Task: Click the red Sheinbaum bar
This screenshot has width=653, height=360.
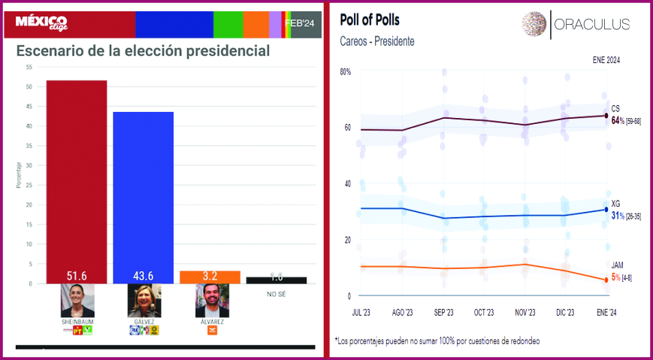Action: [76, 180]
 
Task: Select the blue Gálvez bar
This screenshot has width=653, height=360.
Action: [143, 195]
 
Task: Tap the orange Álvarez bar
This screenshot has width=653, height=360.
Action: [210, 277]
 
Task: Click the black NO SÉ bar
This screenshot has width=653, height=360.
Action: [276, 280]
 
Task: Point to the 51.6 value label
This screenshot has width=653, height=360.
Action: [76, 276]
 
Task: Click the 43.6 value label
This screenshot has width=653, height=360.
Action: [143, 276]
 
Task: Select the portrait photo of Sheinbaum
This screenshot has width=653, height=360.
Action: [77, 301]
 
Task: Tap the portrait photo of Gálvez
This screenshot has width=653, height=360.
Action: [144, 301]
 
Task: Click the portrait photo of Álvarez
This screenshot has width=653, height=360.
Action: [212, 301]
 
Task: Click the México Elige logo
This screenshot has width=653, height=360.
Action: [41, 23]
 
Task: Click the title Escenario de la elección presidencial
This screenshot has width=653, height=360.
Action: [143, 51]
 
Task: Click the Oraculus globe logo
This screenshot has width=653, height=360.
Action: [534, 24]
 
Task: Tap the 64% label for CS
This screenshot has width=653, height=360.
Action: [617, 120]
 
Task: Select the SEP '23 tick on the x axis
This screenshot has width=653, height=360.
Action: [443, 312]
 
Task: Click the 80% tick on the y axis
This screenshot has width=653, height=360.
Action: [346, 72]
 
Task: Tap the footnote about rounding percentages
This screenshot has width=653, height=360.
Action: [437, 340]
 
